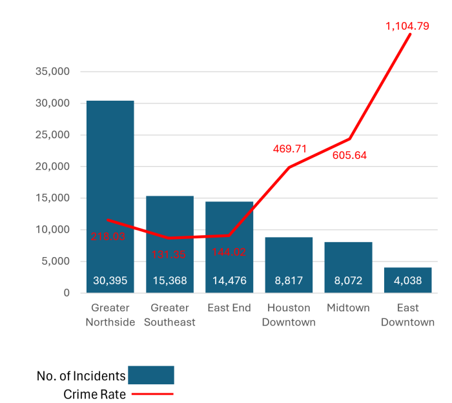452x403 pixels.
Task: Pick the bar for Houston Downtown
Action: [289, 258]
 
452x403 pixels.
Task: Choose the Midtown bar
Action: [348, 262]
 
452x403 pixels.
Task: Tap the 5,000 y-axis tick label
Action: [56, 262]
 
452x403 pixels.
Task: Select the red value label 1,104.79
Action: [407, 26]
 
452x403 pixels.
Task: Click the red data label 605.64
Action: [349, 156]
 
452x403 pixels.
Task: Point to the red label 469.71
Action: [290, 149]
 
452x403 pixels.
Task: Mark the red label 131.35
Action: [169, 254]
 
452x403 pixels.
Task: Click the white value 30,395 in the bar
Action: [110, 281]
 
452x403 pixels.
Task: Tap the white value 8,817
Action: [289, 281]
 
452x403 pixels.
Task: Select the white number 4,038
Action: [407, 281]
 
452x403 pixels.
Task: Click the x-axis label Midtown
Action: [348, 308]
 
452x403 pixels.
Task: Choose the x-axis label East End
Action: [229, 308]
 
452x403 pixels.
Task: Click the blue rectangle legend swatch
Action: [151, 375]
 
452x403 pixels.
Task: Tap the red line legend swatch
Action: [152, 393]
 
